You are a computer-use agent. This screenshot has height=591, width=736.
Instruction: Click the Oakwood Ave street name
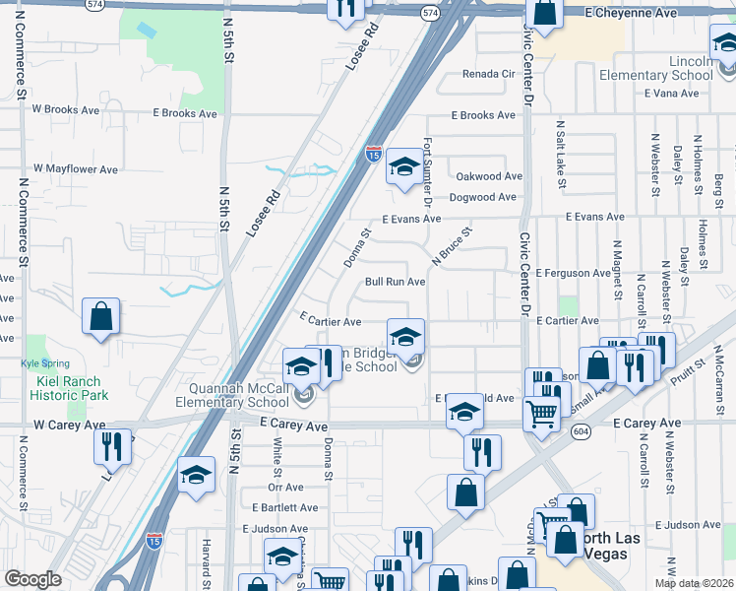[488, 176]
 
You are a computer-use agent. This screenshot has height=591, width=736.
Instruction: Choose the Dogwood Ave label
[482, 197]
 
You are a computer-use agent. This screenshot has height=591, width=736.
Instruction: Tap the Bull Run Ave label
[395, 282]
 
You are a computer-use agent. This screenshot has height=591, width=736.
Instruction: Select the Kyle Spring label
[44, 363]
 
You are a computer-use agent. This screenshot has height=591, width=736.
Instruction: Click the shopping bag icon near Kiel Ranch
[100, 317]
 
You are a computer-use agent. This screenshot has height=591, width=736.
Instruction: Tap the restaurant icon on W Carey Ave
[113, 445]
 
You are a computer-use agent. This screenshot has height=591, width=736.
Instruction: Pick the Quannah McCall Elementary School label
[232, 396]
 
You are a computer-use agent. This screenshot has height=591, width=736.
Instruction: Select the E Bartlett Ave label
[284, 508]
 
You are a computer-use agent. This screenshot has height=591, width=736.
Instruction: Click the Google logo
[32, 579]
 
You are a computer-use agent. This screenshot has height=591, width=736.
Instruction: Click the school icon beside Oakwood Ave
[403, 167]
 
